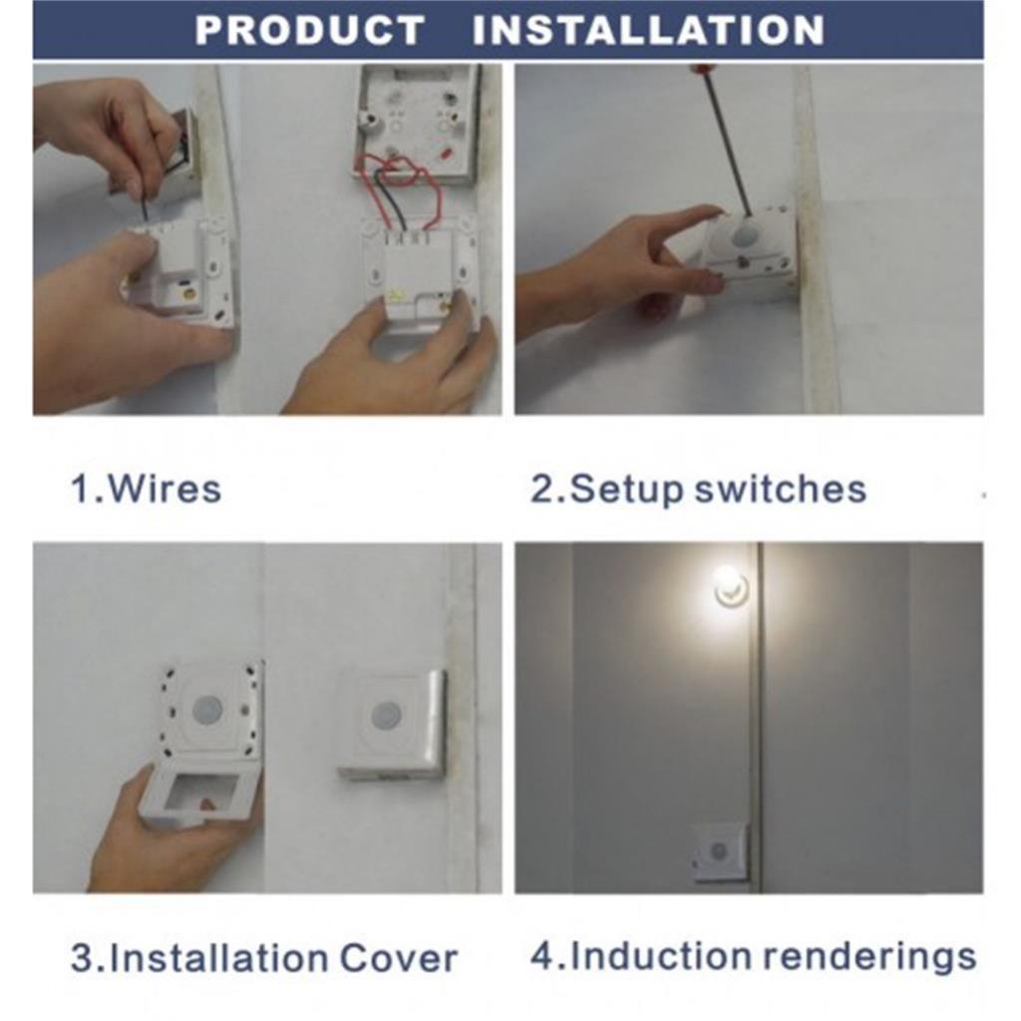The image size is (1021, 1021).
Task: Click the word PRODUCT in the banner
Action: pos(309,30)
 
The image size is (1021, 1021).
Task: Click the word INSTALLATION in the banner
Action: pos(648,30)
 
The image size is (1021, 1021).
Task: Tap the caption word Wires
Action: pos(166,489)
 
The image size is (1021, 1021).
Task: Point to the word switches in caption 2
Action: pos(781,489)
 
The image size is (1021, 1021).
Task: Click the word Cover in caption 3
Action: pos(398,958)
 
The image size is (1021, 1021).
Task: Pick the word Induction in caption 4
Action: pos(660,955)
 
